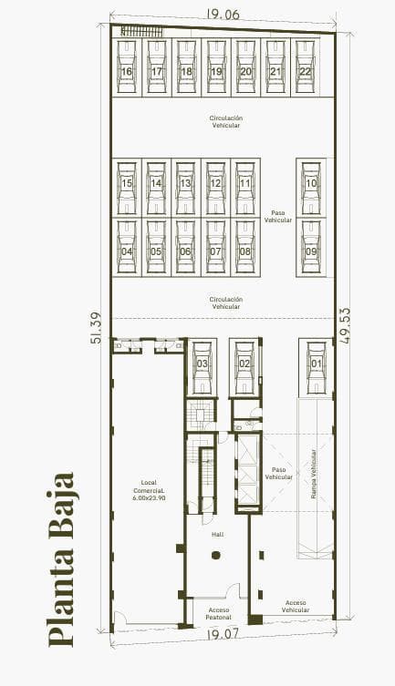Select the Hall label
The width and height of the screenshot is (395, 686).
[217, 535]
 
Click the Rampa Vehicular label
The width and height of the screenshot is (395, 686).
[314, 474]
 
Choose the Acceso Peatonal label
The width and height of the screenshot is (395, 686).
[218, 612]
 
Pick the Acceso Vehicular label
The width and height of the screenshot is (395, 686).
[296, 606]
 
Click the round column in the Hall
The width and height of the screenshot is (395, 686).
[216, 555]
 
